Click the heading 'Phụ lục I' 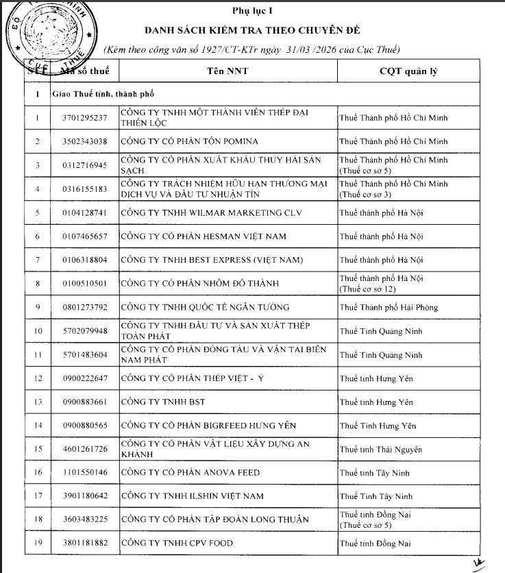(x=251, y=11)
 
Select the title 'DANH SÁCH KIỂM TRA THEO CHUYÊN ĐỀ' (x=251, y=31)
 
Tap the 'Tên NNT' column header (x=227, y=71)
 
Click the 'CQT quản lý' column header (x=408, y=71)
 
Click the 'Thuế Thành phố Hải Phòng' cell (x=389, y=307)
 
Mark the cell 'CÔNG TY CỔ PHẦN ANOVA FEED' (x=180, y=473)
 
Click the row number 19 (x=38, y=544)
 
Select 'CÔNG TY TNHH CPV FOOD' (x=167, y=544)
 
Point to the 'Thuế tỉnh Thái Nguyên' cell (x=381, y=450)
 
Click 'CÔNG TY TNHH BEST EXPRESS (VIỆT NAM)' (x=201, y=260)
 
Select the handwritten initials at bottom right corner (x=478, y=563)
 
